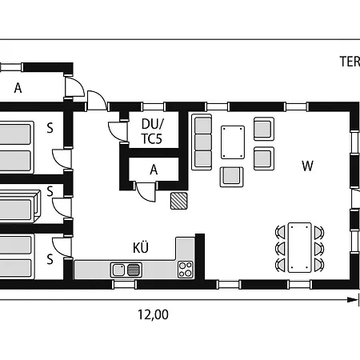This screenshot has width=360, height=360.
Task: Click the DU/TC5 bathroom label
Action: tap(153, 131)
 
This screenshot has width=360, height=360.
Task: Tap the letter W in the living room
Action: tap(307, 166)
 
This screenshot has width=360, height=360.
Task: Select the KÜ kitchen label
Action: tap(141, 247)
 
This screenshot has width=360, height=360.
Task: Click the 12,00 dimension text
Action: tap(153, 314)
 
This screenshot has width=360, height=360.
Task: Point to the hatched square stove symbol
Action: tap(178, 201)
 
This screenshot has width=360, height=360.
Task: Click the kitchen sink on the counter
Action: tap(126, 270)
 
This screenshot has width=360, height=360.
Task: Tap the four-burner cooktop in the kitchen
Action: tap(186, 270)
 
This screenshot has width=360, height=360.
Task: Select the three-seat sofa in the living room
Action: tap(202, 142)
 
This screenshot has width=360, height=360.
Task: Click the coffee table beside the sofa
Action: tap(233, 142)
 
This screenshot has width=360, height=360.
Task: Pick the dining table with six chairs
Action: tap(300, 247)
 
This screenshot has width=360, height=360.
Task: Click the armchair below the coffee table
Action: tap(231, 177)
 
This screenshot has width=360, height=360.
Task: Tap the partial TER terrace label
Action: tap(350, 62)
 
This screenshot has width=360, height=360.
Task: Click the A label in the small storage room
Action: tap(154, 170)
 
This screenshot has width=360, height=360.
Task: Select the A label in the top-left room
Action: tap(18, 88)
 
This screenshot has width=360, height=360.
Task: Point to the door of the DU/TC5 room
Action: tap(118, 131)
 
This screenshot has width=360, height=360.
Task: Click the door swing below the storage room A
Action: tap(146, 191)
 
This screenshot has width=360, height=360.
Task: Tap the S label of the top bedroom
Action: tap(50, 128)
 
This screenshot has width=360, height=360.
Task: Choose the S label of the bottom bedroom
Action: tap(50, 259)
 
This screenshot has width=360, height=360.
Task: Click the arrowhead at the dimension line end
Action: tap(353, 300)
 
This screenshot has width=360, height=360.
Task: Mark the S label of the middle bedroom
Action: tap(50, 191)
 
